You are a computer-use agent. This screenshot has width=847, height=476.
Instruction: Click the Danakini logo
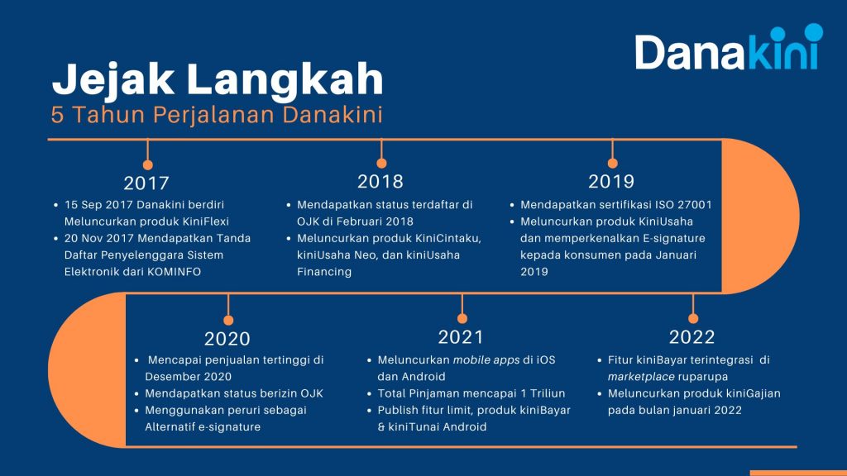click(729, 47)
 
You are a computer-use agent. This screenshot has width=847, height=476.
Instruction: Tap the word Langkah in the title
click(285, 79)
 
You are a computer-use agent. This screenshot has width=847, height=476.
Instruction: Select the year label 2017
click(146, 183)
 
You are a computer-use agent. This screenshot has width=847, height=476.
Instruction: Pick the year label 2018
click(380, 181)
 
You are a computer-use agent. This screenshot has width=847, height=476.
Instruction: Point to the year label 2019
click(611, 181)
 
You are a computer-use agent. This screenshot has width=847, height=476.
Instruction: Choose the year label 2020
click(227, 339)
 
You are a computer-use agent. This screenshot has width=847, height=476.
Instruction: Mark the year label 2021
click(461, 337)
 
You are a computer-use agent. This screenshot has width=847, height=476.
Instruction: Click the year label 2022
click(692, 337)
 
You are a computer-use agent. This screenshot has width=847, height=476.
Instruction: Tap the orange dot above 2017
click(147, 164)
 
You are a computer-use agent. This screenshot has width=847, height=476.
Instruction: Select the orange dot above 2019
click(612, 163)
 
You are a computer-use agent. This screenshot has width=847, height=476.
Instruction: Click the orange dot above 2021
click(462, 318)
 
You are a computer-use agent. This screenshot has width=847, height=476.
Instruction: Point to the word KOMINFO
click(174, 272)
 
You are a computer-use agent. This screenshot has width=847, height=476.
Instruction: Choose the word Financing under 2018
click(324, 272)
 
